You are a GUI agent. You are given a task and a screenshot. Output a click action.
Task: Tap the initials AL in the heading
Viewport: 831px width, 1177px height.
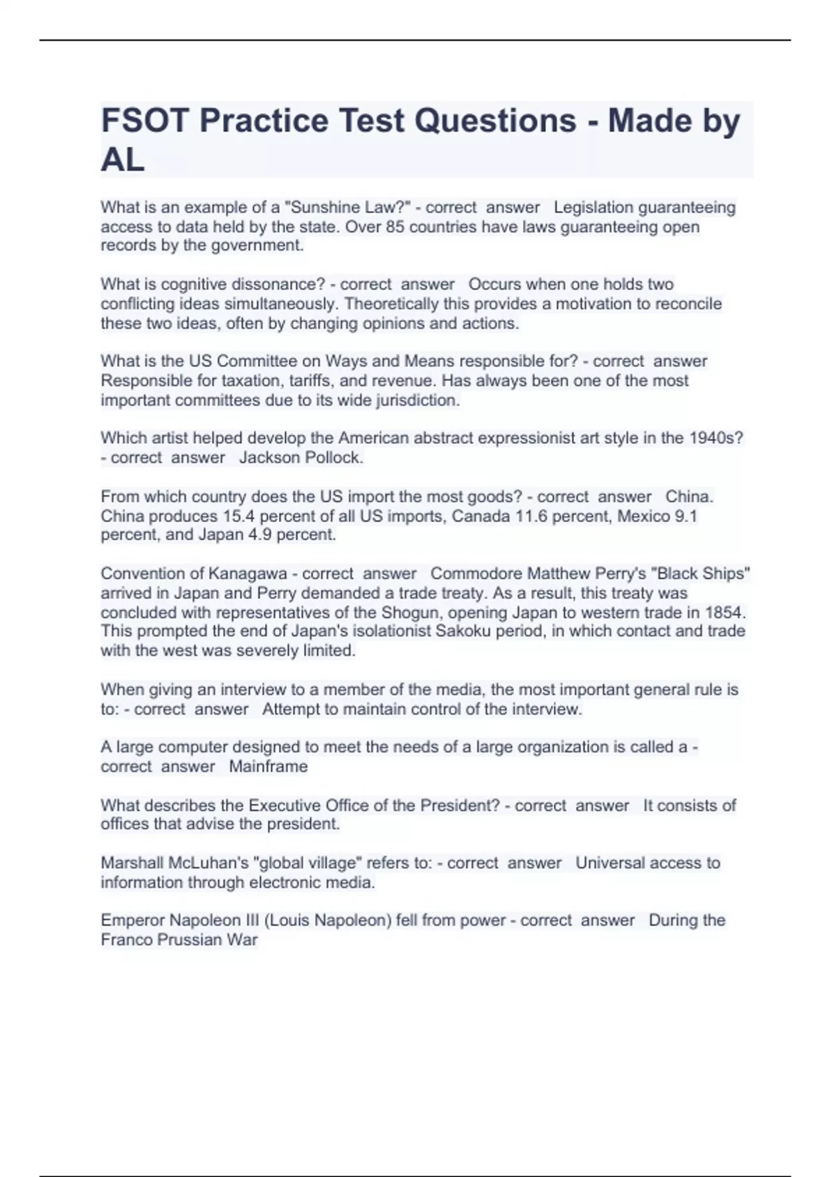tap(123, 160)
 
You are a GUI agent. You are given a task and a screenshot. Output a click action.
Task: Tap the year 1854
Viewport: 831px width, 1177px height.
tap(724, 613)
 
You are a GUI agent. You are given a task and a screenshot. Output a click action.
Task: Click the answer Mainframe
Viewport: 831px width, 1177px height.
tap(268, 766)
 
